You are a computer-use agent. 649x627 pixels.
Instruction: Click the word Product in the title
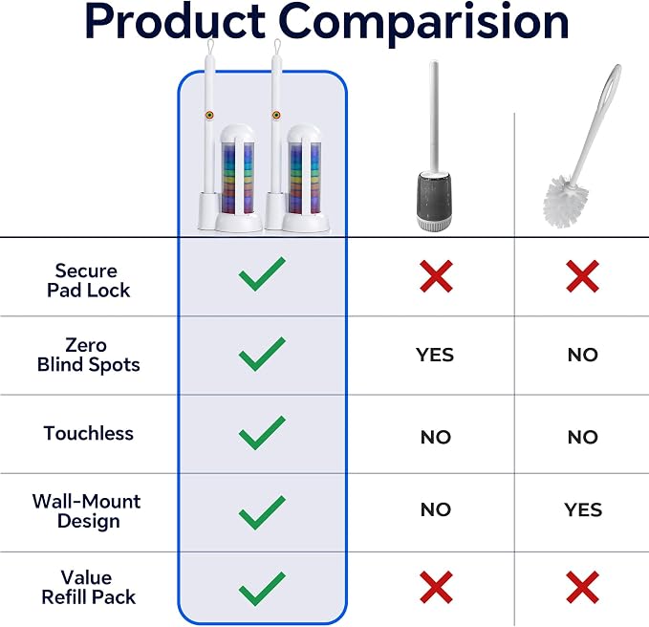pyautogui.click(x=175, y=22)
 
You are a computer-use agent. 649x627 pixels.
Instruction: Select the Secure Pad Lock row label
pyautogui.click(x=88, y=280)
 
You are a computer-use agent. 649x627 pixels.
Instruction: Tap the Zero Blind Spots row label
pyautogui.click(x=88, y=355)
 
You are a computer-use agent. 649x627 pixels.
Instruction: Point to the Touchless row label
pyautogui.click(x=88, y=433)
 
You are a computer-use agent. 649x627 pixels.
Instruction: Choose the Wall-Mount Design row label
pyautogui.click(x=87, y=510)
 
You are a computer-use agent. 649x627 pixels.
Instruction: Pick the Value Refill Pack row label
pyautogui.click(x=88, y=587)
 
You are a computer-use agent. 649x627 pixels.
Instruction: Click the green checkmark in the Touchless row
pyautogui.click(x=262, y=432)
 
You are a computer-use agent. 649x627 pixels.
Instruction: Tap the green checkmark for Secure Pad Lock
pyautogui.click(x=262, y=273)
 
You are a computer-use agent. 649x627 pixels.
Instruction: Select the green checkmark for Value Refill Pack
pyautogui.click(x=262, y=589)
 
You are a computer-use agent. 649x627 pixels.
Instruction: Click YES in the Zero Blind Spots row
pyautogui.click(x=435, y=355)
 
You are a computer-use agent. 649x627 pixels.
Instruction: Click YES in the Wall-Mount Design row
pyautogui.click(x=583, y=509)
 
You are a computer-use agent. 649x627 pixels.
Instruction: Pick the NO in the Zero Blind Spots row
pyautogui.click(x=583, y=355)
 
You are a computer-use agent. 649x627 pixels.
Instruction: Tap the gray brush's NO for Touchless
pyautogui.click(x=436, y=437)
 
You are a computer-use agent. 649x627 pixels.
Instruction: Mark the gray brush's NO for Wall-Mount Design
pyautogui.click(x=436, y=509)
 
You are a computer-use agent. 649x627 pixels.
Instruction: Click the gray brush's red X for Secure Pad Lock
pyautogui.click(x=436, y=276)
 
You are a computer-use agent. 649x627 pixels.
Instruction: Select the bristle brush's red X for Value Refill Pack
pyautogui.click(x=582, y=587)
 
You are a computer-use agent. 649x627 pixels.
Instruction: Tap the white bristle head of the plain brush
pyautogui.click(x=565, y=201)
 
